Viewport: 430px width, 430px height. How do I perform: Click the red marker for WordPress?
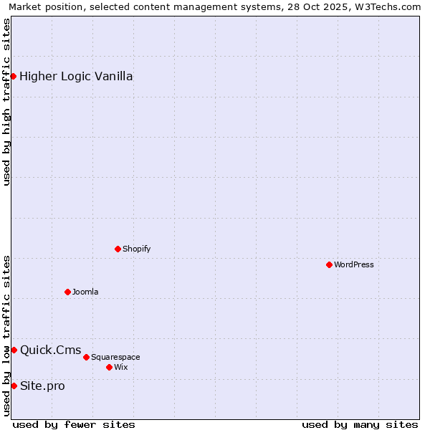coord(329,264)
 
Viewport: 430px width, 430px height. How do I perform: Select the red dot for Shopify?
coord(118,249)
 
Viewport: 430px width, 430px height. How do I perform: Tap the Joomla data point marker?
coord(67,292)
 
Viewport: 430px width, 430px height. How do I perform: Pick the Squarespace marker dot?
coord(86,357)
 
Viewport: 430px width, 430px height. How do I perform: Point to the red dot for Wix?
coord(109,367)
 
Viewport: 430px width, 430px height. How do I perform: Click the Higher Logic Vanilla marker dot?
coord(13,76)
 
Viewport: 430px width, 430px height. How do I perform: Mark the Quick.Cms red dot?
coord(14,350)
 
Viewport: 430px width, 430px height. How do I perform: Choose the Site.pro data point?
coord(14,386)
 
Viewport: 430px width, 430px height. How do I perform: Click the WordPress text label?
coord(354,264)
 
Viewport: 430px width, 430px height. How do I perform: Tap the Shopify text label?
coord(136,249)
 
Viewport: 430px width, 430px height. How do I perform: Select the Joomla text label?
coord(85,292)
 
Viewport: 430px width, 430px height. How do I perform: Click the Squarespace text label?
coord(115,357)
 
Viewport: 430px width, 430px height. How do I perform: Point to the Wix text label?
coord(121,367)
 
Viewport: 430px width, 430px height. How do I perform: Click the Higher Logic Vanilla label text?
coord(76,77)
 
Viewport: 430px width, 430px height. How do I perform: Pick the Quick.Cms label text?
coord(50,350)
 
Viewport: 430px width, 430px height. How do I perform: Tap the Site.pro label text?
coord(42,386)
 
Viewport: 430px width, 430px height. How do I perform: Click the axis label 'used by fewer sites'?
coord(74,424)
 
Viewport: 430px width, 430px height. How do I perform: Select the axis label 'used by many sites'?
coord(360,424)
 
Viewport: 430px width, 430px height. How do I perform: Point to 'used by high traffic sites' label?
coord(6,102)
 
